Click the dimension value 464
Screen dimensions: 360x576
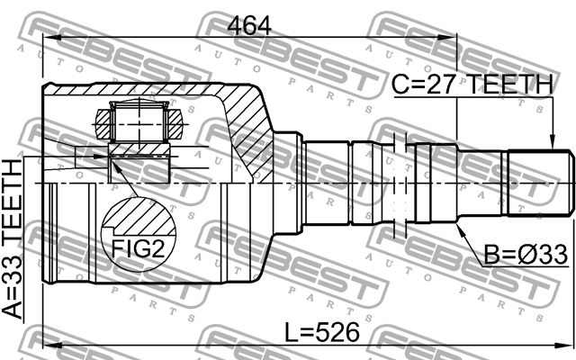point(249,24)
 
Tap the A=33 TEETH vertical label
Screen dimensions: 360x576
point(13,238)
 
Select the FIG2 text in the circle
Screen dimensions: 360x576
point(138,249)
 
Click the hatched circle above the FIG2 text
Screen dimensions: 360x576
point(138,220)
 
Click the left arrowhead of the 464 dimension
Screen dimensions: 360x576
point(49,38)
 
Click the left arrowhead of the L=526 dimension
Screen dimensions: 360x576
point(49,346)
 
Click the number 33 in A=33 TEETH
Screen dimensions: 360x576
point(13,265)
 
